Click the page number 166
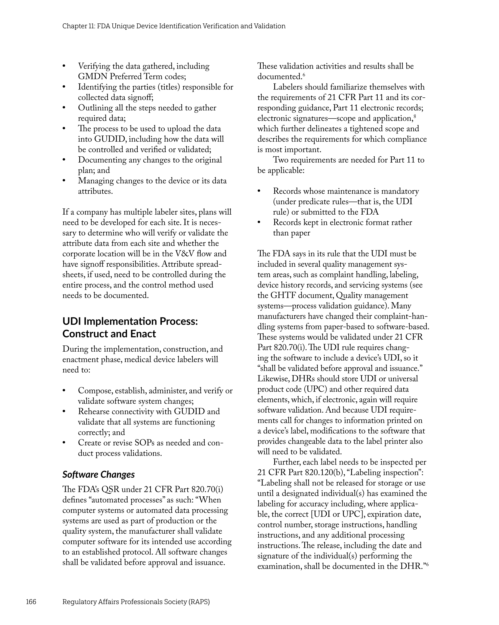pyautogui.click(x=31, y=602)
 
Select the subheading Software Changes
pyautogui.click(x=98, y=475)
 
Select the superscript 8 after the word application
pyautogui.click(x=415, y=116)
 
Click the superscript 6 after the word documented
pyautogui.click(x=304, y=75)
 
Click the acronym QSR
pyautogui.click(x=110, y=489)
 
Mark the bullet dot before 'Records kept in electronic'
pyautogui.click(x=259, y=223)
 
